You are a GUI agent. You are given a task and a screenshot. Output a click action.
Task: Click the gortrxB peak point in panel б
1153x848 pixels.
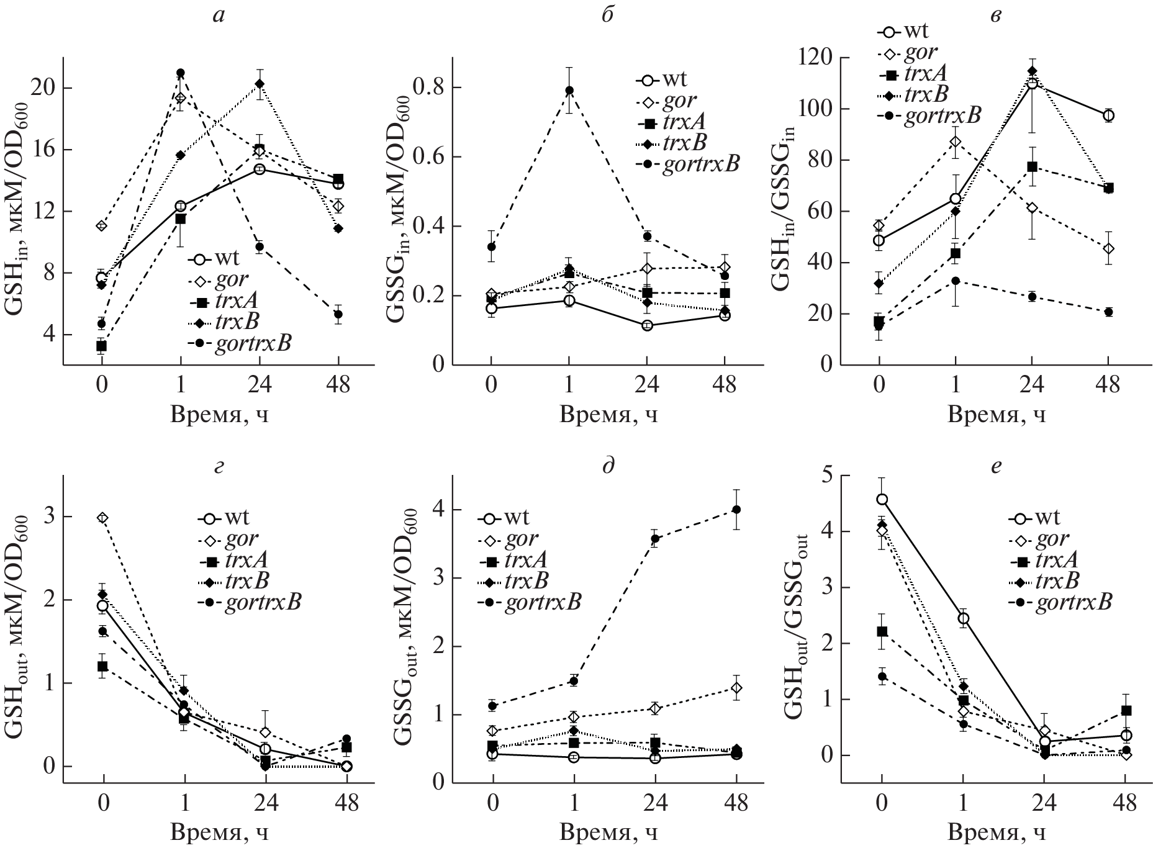569,91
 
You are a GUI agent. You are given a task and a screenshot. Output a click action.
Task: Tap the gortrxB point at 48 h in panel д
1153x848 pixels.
737,510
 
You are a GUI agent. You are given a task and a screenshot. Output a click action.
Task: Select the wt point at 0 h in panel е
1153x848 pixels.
882,499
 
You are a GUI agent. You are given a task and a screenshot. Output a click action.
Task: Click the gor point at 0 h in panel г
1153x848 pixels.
103,518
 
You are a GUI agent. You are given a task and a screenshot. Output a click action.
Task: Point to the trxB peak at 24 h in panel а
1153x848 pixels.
260,83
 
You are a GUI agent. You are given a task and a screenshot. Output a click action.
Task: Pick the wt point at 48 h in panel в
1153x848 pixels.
1108,115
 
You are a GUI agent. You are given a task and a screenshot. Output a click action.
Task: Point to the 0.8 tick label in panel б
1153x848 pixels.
426,88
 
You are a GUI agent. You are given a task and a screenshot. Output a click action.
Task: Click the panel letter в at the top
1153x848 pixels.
995,15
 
